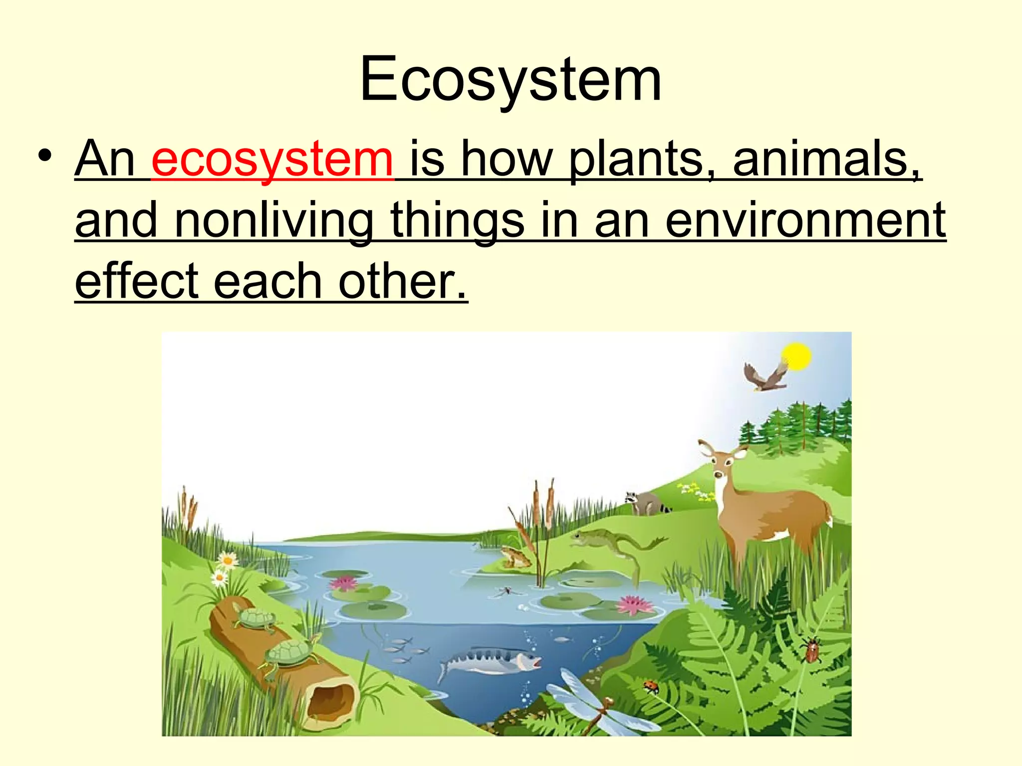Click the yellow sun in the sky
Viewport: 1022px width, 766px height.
(x=796, y=357)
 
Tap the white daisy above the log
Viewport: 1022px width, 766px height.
(x=228, y=561)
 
